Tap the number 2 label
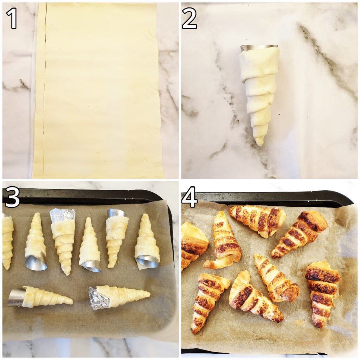[x=189, y=18]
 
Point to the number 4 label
[x=189, y=199]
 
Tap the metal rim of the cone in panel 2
[x=259, y=47]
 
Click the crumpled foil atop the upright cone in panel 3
[x=63, y=215]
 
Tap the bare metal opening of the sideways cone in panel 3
[x=15, y=297]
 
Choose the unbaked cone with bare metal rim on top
[x=116, y=236]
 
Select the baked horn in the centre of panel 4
[x=276, y=278]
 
